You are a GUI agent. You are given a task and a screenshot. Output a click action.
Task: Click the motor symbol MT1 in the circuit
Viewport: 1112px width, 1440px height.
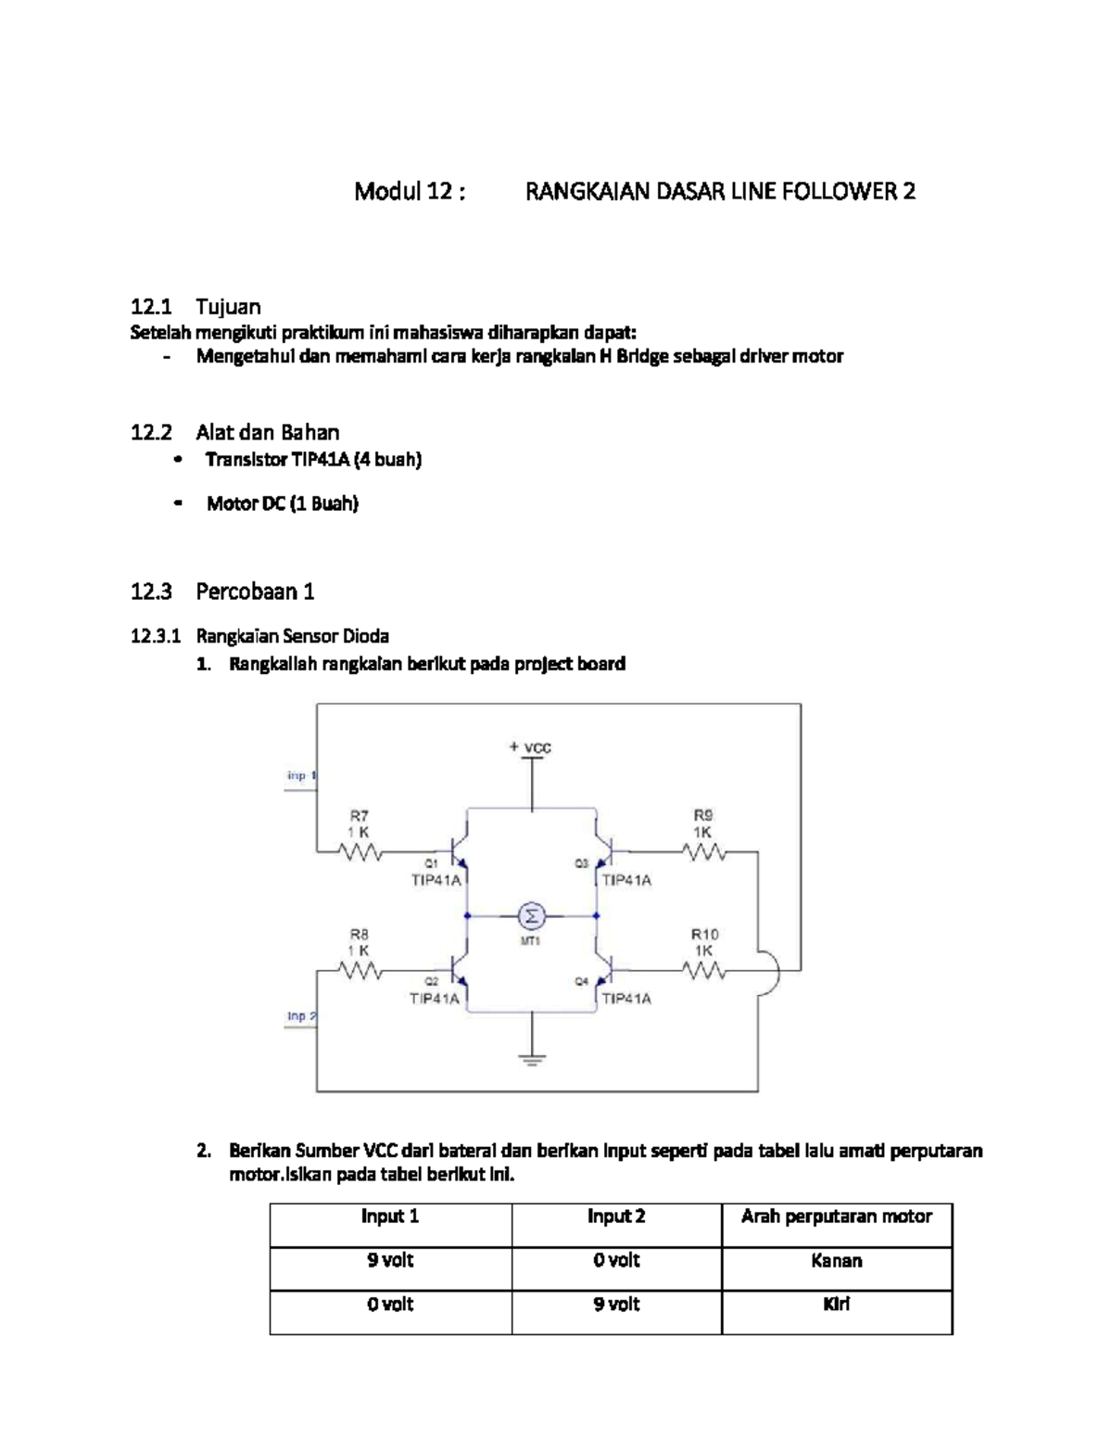point(532,916)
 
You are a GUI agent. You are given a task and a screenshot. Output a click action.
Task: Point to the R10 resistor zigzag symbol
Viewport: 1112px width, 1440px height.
point(704,971)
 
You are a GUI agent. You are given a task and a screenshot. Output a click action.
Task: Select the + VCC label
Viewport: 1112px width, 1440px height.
point(530,747)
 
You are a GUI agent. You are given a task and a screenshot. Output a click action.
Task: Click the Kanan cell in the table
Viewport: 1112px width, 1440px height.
point(836,1261)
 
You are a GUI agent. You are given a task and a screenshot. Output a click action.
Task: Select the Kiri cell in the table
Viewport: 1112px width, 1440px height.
point(836,1305)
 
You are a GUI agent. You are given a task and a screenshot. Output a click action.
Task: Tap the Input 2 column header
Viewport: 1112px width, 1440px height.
point(616,1217)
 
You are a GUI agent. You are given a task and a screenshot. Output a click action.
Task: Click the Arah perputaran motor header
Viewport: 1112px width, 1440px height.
point(836,1217)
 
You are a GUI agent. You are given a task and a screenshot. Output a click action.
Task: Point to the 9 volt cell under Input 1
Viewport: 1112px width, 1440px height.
point(390,1261)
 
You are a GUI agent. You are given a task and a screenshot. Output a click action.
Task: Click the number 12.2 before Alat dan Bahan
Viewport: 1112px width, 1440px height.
point(151,432)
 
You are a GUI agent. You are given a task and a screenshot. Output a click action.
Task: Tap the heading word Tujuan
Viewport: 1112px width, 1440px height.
point(228,307)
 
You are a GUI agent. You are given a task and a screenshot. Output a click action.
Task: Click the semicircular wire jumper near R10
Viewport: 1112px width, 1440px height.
point(770,971)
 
